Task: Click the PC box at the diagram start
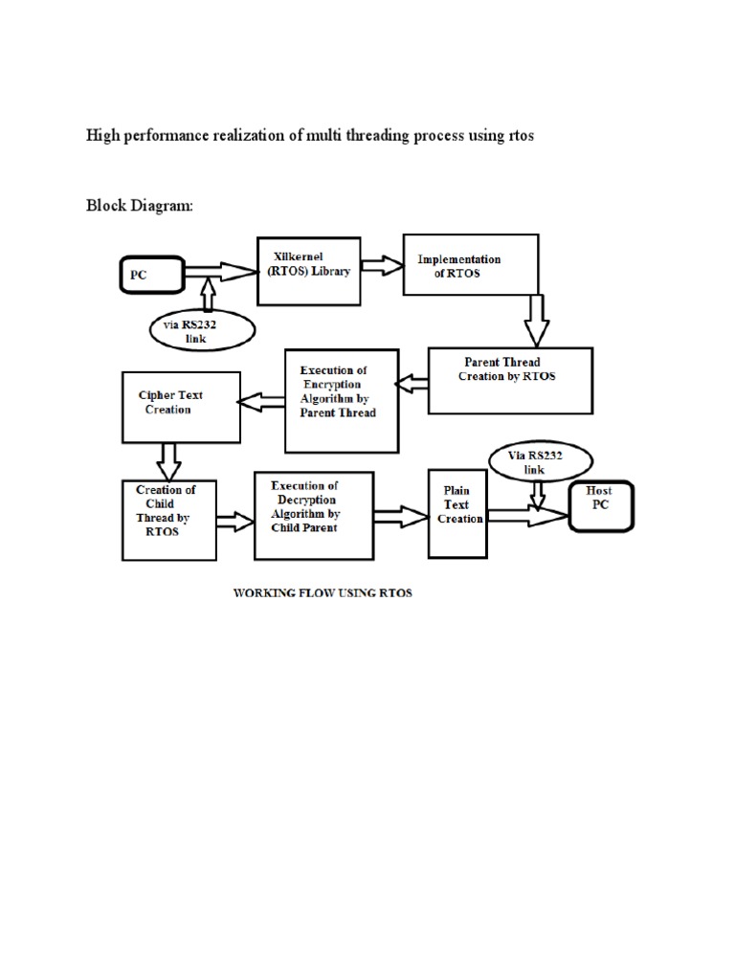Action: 150,277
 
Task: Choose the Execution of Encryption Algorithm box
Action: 342,400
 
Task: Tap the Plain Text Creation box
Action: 457,513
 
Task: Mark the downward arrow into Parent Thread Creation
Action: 536,319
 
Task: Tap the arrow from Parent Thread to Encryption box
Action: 412,385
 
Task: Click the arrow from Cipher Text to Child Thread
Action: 168,460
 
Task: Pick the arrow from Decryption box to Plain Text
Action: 400,518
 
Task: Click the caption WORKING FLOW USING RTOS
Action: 323,593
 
